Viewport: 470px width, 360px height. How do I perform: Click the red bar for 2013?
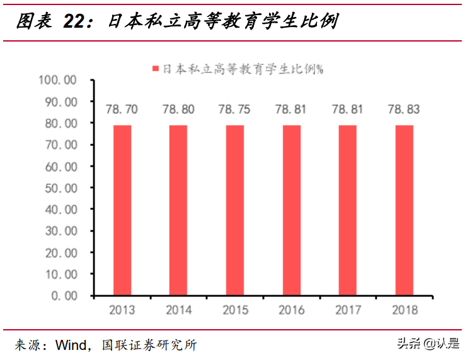[122, 210]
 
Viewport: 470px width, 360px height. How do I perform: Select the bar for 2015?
[234, 210]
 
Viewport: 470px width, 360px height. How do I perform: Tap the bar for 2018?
[404, 210]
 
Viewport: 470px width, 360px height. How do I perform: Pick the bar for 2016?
[291, 210]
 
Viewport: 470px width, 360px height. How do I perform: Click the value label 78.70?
[122, 110]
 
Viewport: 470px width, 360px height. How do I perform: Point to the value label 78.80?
[178, 110]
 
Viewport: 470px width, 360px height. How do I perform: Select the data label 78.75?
[234, 110]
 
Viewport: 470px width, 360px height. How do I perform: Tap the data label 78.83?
[404, 110]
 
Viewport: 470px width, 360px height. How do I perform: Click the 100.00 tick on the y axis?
[57, 80]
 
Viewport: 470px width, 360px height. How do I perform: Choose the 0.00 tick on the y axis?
[64, 295]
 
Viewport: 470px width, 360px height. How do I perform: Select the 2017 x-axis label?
[348, 310]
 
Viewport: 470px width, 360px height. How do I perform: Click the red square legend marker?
[155, 69]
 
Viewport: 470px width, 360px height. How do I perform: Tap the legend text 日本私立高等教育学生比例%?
[243, 69]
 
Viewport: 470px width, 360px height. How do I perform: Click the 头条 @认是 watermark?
[428, 344]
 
